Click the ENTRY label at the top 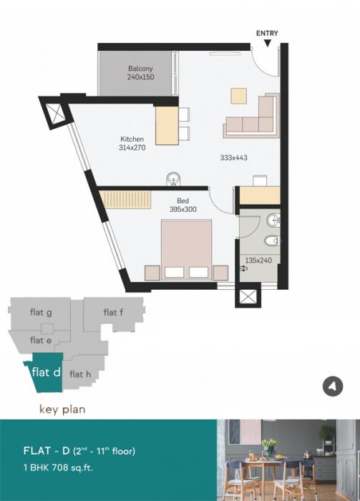(x=267, y=33)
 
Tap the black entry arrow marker (x=267, y=44)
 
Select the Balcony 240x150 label (x=141, y=72)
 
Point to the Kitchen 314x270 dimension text (x=132, y=143)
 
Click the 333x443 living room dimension (x=233, y=157)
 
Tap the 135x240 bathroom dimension (x=260, y=261)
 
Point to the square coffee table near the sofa (x=238, y=95)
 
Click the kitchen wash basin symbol (x=172, y=179)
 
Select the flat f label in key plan (x=113, y=312)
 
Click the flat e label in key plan (x=41, y=341)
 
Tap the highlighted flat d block (x=44, y=374)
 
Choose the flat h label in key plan (x=79, y=374)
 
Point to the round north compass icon (x=331, y=386)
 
